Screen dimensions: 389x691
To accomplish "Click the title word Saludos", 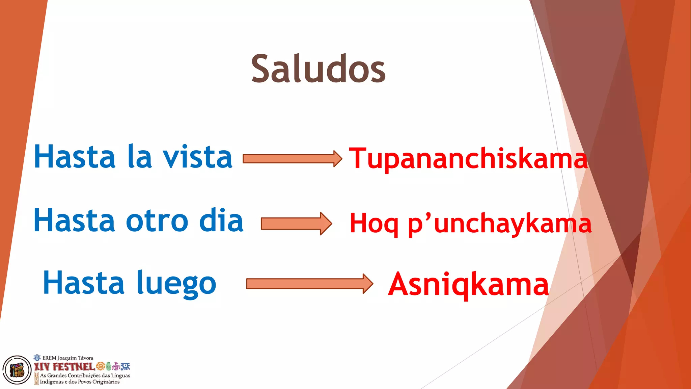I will pos(318,69).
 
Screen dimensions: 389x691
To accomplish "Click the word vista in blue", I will pos(198,157).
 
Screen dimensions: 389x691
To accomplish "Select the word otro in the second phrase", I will pos(157,221).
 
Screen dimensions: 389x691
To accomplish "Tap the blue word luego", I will pos(176,284).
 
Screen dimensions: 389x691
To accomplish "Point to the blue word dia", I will pos(221,221).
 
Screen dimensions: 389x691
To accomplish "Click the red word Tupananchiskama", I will pos(468,159).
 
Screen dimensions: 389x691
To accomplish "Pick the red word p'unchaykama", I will pos(500,224).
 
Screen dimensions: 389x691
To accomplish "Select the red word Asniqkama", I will pos(468,284).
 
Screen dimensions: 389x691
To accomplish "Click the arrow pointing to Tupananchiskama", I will pos(292,159).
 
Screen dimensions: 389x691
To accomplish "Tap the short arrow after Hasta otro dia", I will pos(296,224).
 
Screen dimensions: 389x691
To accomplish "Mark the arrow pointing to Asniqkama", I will pos(309,284).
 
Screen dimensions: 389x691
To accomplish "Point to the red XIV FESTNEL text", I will pos(64,367).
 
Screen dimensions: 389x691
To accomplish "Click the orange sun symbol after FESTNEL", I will pos(101,366).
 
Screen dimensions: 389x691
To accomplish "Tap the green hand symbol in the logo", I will pos(109,366).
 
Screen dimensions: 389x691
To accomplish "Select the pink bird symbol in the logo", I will pos(116,366).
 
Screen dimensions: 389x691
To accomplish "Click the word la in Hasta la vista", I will pos(140,157).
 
